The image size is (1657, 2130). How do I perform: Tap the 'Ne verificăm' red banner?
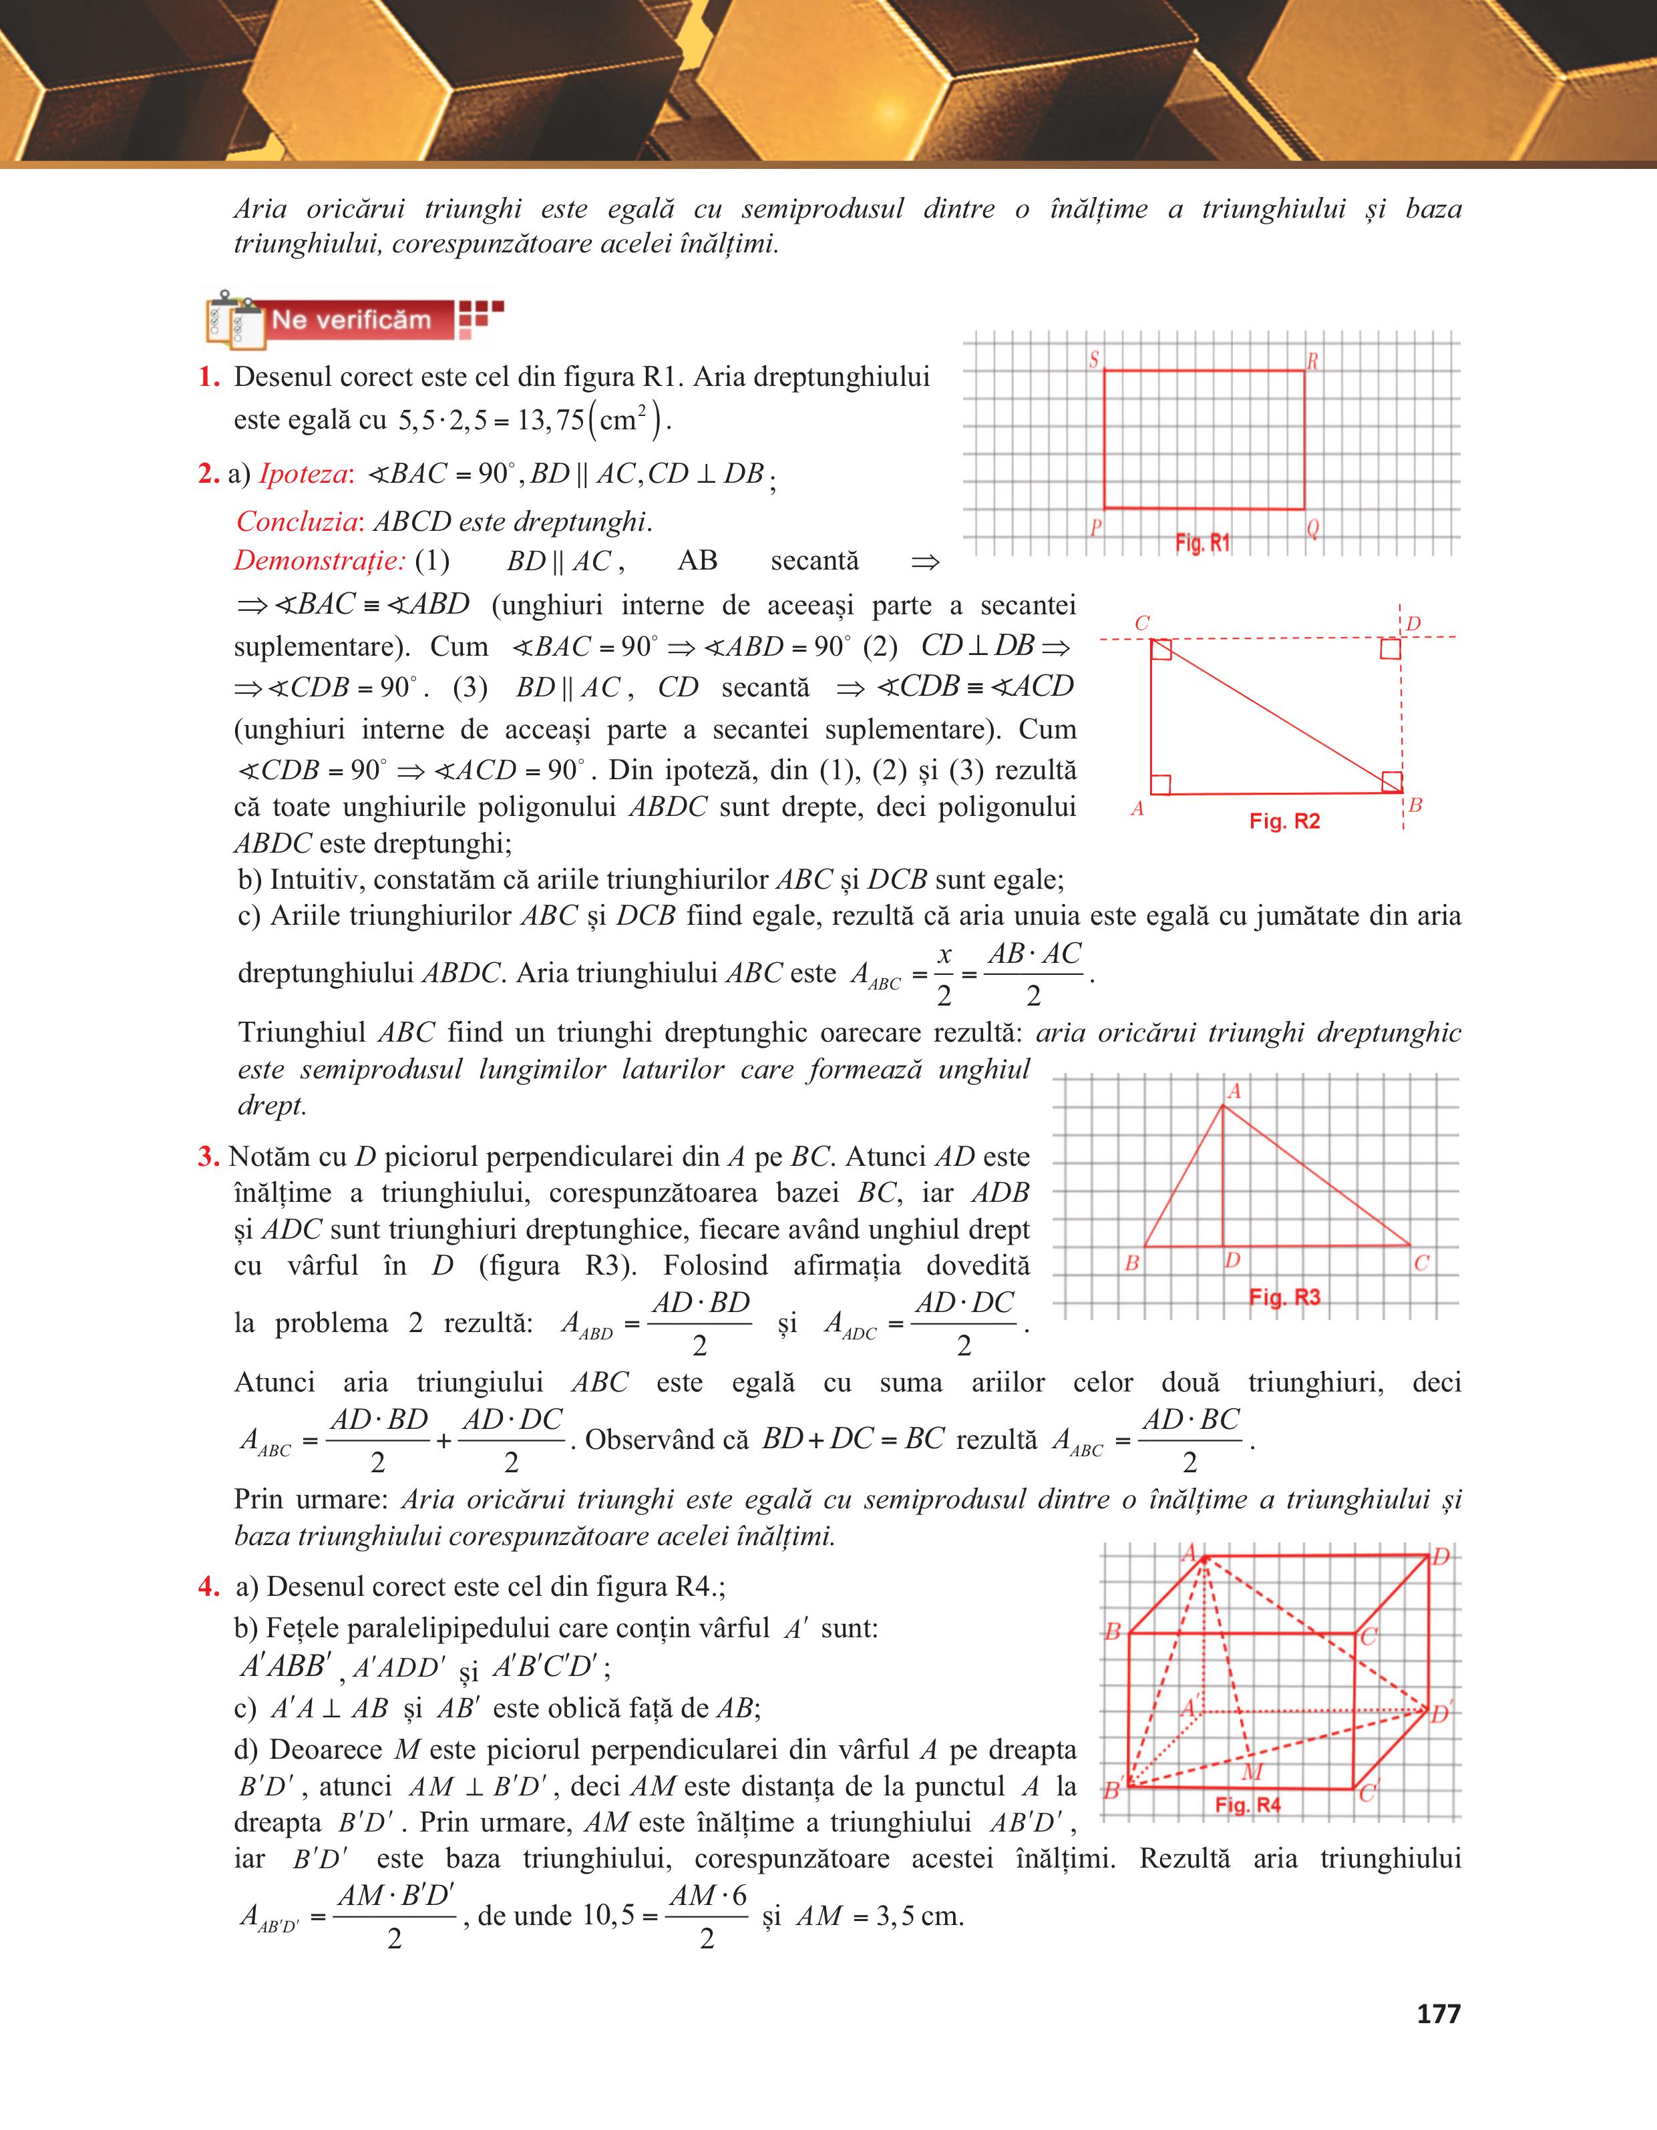pyautogui.click(x=351, y=320)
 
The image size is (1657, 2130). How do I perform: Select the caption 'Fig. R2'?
pyautogui.click(x=1284, y=821)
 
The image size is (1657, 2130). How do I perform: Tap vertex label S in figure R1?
pyautogui.click(x=1094, y=360)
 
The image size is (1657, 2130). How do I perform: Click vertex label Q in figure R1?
pyautogui.click(x=1313, y=529)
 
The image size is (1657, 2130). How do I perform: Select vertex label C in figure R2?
pyautogui.click(x=1142, y=622)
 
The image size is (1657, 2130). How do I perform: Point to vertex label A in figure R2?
pyautogui.click(x=1137, y=809)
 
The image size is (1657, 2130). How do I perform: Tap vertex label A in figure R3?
pyautogui.click(x=1234, y=1091)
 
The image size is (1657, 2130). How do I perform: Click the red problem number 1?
pyautogui.click(x=208, y=377)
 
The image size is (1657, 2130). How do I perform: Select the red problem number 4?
pyautogui.click(x=208, y=1586)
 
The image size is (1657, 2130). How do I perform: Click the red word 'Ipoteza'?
pyautogui.click(x=303, y=474)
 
